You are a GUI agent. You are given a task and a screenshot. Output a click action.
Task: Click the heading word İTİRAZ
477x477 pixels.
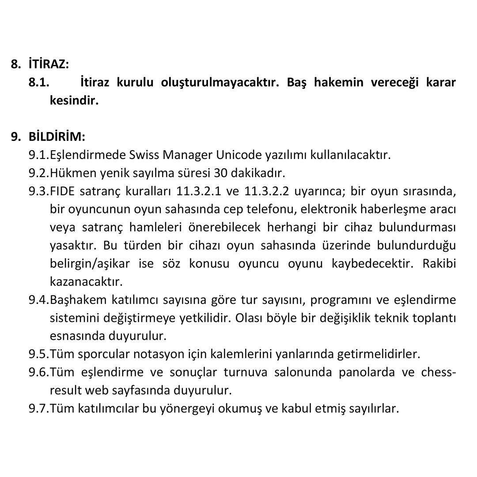[49, 64]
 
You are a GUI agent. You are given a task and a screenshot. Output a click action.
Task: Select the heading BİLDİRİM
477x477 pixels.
[57, 136]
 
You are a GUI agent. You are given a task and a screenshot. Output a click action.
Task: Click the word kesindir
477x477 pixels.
[74, 101]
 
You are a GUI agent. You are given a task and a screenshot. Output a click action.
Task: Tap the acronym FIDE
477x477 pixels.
[61, 191]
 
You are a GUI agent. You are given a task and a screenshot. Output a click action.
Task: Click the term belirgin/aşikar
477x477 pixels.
[90, 264]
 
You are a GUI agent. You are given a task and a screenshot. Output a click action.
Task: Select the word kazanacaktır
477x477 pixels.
[86, 281]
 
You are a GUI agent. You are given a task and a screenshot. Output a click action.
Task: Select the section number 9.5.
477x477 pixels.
[39, 354]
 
